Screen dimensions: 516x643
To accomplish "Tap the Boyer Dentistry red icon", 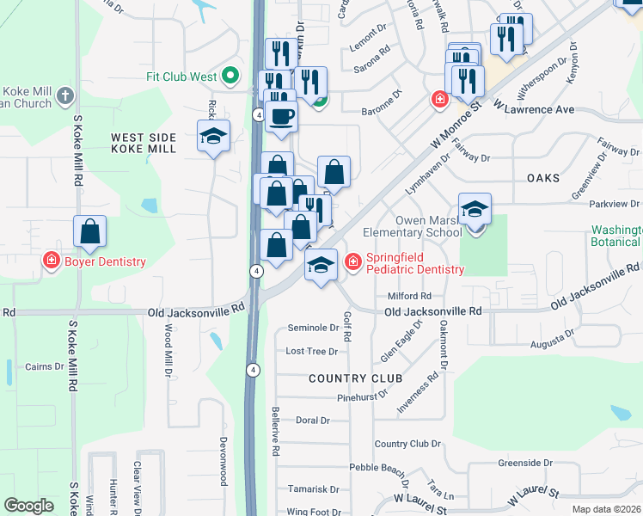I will click(52, 261).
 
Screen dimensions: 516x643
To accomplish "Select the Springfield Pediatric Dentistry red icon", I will click(352, 261).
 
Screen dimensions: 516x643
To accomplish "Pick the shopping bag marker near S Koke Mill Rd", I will click(89, 231).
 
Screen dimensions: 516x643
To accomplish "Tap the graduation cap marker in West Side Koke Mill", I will click(214, 136).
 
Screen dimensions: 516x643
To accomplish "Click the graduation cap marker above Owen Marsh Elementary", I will click(475, 209).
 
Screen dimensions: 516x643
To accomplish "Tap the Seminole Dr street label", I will click(313, 328).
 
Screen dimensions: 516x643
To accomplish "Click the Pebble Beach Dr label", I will click(378, 469).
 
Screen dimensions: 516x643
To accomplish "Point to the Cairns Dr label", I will click(45, 366).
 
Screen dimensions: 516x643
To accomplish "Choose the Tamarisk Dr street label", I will click(313, 489).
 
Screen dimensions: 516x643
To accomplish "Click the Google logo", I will click(28, 505).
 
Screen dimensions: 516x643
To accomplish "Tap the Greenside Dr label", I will click(530, 463).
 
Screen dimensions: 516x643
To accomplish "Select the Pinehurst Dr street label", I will click(364, 398).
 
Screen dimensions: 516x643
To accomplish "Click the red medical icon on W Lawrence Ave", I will click(439, 100).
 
